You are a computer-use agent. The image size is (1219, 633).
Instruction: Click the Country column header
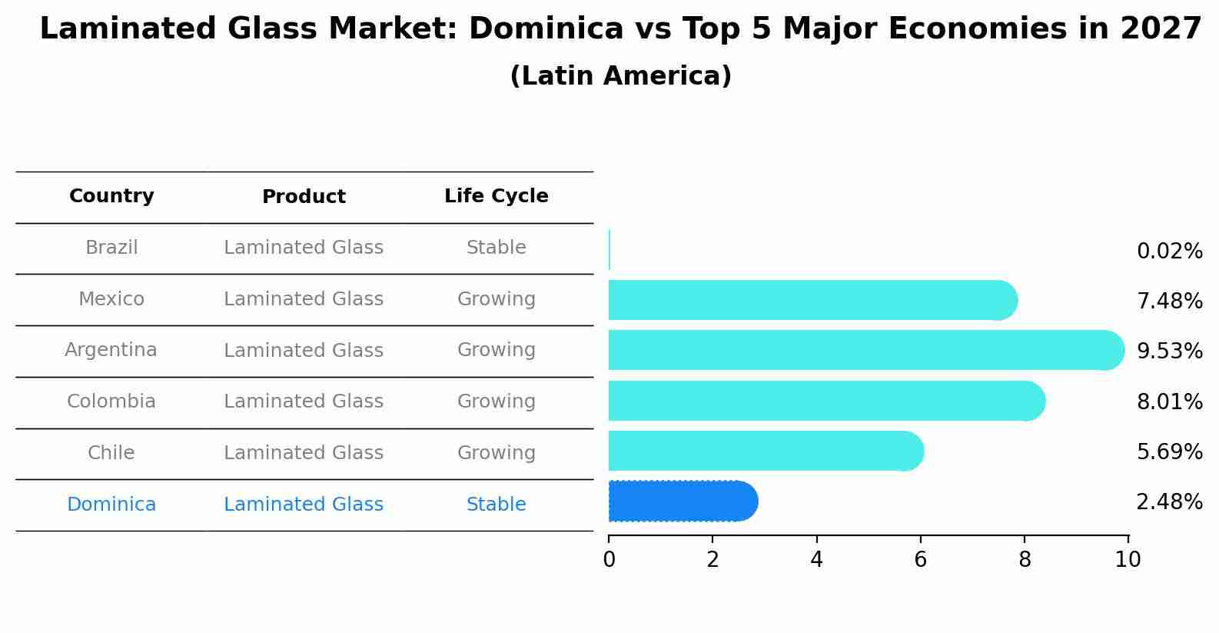click(x=111, y=196)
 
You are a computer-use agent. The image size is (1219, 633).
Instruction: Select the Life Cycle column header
click(x=496, y=196)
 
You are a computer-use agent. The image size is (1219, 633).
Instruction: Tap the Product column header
click(x=304, y=197)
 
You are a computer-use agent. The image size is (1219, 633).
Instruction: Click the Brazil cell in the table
click(x=111, y=248)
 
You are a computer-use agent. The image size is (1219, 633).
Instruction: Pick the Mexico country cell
click(x=111, y=299)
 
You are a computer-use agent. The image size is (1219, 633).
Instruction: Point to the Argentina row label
click(x=111, y=350)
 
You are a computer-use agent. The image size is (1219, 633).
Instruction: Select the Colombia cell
click(x=111, y=401)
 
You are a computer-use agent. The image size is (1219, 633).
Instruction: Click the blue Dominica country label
click(x=111, y=505)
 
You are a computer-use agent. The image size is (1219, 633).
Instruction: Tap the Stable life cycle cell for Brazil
click(x=496, y=248)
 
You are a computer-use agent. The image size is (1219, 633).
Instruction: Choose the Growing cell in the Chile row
click(x=496, y=453)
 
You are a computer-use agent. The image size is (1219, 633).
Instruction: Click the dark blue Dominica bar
click(x=680, y=501)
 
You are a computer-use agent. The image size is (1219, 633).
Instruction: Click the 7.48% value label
click(x=1169, y=302)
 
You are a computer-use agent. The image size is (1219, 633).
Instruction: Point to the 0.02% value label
click(x=1169, y=252)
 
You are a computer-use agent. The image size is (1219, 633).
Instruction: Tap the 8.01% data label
click(x=1169, y=402)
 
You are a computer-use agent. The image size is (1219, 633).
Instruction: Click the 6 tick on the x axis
click(x=920, y=560)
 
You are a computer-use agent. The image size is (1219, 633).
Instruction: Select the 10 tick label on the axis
click(x=1128, y=560)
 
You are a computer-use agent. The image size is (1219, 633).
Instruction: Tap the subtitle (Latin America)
click(x=620, y=76)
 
